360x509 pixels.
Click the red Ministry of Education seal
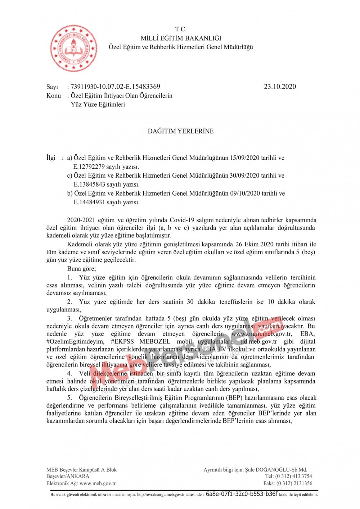click(73, 48)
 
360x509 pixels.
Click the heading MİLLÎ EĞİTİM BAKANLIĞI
click(181, 38)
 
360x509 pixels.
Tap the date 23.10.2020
click(280, 87)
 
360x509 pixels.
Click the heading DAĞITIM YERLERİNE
click(181, 131)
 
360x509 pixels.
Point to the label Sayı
click(52, 87)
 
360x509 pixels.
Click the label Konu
click(54, 96)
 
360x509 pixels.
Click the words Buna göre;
click(81, 269)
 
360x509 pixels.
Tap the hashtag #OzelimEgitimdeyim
click(75, 342)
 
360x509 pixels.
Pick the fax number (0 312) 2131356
click(294, 483)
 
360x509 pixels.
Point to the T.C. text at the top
click(181, 29)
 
